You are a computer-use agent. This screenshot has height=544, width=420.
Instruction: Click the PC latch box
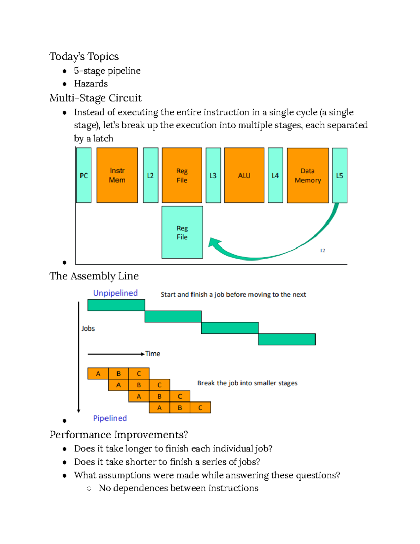pyautogui.click(x=84, y=175)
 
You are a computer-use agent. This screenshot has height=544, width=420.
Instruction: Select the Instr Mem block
pyautogui.click(x=117, y=175)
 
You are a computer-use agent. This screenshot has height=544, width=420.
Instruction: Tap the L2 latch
pyautogui.click(x=150, y=175)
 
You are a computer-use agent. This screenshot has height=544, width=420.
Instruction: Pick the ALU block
pyautogui.click(x=244, y=175)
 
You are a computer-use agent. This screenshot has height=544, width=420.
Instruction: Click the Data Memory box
pyautogui.click(x=308, y=175)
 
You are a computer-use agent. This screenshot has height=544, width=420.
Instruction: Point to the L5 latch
pyautogui.click(x=339, y=175)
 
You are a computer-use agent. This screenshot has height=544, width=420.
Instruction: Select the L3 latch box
pyautogui.click(x=213, y=175)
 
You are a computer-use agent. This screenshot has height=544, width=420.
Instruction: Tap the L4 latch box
pyautogui.click(x=275, y=175)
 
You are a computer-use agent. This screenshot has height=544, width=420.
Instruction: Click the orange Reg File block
pyautogui.click(x=182, y=175)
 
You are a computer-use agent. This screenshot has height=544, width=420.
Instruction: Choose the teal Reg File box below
pyautogui.click(x=182, y=232)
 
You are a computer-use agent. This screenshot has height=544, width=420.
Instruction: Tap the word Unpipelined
pyautogui.click(x=115, y=293)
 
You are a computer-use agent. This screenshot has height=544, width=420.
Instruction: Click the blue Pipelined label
pyautogui.click(x=110, y=418)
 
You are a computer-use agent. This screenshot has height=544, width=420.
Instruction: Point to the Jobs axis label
pyautogui.click(x=88, y=329)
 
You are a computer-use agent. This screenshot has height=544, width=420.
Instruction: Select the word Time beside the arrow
pyautogui.click(x=153, y=354)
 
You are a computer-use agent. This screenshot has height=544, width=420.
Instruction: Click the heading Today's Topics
pyautogui.click(x=84, y=56)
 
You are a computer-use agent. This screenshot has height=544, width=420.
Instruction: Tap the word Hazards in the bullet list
pyautogui.click(x=91, y=84)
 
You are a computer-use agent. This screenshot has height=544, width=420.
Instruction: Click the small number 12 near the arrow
pyautogui.click(x=322, y=250)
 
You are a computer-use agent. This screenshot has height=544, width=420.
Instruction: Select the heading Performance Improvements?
pyautogui.click(x=119, y=435)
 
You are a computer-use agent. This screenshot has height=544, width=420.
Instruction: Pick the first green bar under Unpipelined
pyautogui.click(x=116, y=305)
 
